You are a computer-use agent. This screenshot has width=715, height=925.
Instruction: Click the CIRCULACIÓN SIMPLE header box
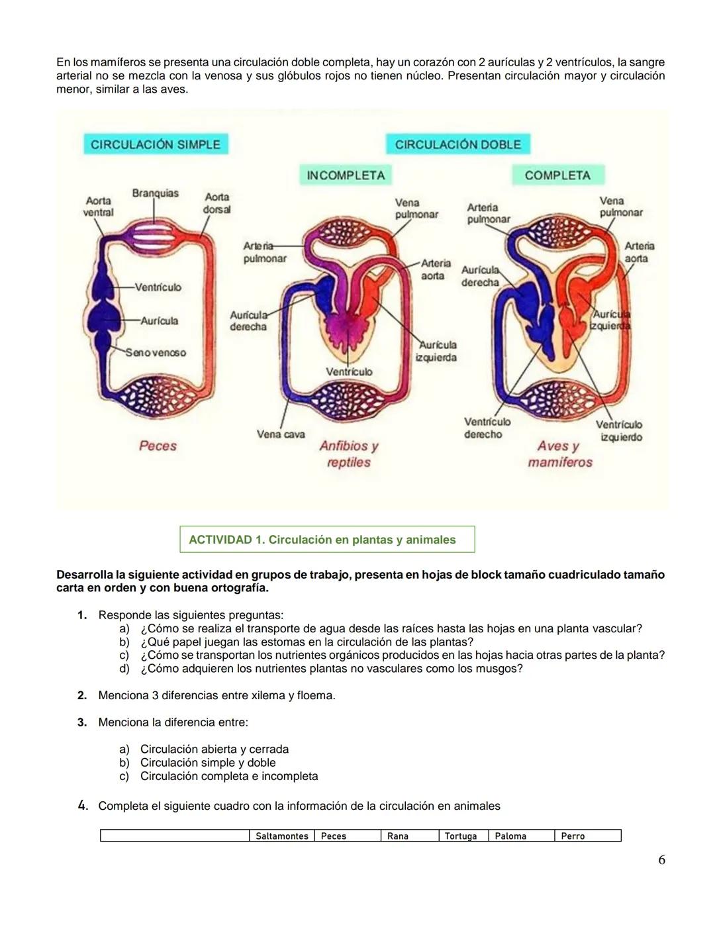[156, 144]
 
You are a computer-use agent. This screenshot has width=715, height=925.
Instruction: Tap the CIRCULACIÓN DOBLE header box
[458, 144]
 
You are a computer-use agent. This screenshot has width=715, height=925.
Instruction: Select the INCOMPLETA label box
[346, 175]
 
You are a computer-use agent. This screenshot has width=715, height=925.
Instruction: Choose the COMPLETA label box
[557, 175]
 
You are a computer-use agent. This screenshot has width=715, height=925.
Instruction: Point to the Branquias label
[155, 193]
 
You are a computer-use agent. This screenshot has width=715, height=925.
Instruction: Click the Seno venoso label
[156, 353]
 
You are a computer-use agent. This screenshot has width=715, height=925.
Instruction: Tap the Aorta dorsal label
[216, 203]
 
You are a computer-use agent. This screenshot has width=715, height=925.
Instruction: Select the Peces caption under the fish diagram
[158, 446]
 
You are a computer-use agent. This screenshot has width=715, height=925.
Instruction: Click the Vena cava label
[281, 434]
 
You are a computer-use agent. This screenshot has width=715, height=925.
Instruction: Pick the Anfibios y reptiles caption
[349, 454]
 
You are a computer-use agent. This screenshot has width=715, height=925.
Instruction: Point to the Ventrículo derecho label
[487, 428]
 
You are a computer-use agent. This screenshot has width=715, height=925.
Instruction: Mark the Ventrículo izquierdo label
[620, 430]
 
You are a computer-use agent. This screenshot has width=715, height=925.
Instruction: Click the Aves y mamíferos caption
[559, 454]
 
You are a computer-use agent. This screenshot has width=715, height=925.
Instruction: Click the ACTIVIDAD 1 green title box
[327, 540]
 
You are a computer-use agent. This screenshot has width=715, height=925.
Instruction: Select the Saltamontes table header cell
[282, 836]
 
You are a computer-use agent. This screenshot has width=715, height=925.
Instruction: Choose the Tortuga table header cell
[461, 836]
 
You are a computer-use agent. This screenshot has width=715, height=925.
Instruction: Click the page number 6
[661, 860]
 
